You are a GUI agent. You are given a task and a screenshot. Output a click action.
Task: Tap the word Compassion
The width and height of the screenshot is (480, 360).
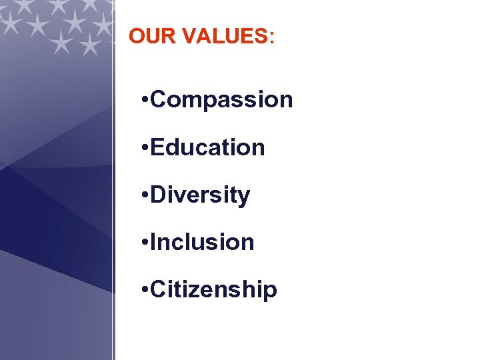tap(222, 100)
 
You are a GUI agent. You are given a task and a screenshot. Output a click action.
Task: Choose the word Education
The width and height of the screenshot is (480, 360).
tap(208, 147)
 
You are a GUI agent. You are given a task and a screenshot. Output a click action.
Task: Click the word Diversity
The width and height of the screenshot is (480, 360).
tap(201, 195)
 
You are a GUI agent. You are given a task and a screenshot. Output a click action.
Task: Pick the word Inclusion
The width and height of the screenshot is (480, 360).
tap(203, 242)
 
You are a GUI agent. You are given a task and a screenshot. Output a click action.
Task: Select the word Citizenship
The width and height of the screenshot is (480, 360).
tap(214, 290)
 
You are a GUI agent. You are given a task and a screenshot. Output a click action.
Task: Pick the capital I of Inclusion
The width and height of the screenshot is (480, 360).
tap(154, 242)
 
